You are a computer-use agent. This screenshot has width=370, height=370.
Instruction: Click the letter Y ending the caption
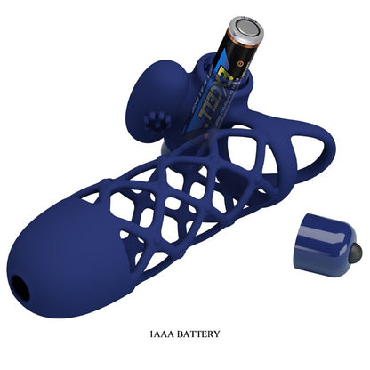pos(216,334)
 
